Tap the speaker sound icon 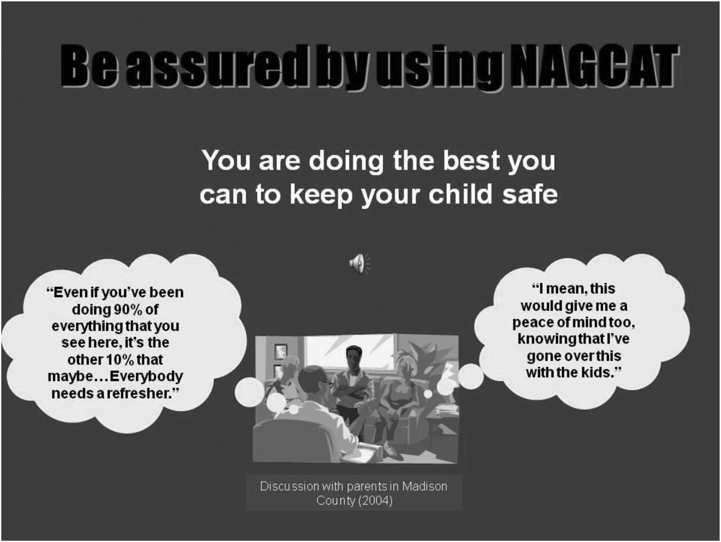(x=360, y=264)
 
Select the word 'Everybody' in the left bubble (x=146, y=377)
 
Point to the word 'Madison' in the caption (x=425, y=486)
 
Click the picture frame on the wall (x=280, y=352)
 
